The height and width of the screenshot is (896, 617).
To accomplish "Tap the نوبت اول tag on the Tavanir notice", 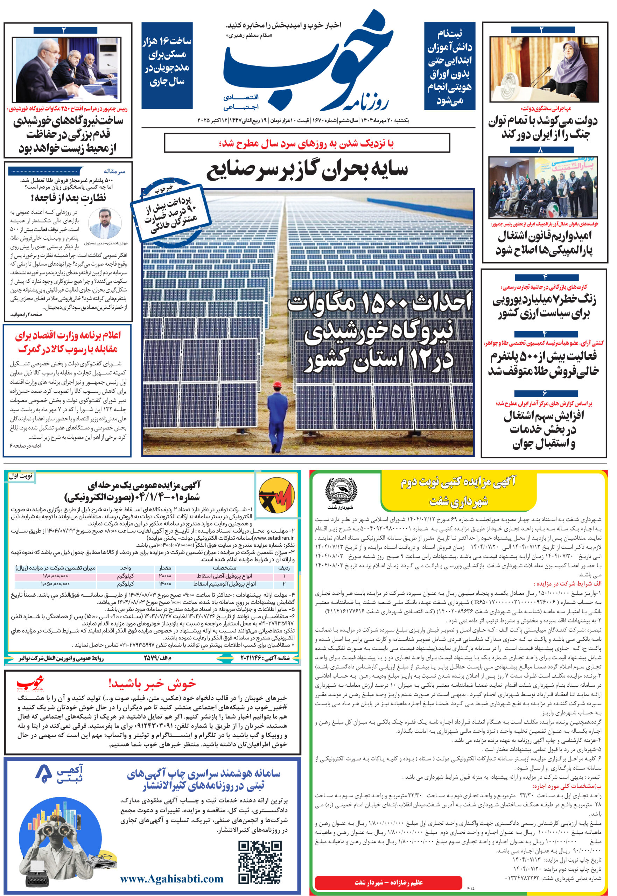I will tap(21, 476).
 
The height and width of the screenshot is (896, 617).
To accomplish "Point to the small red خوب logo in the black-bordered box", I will tap(30, 684).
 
